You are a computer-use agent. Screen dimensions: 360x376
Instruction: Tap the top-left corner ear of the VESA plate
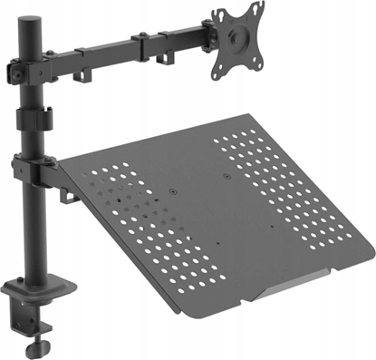(x=218, y=13)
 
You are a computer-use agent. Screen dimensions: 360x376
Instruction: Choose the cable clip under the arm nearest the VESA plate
(x=167, y=58)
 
